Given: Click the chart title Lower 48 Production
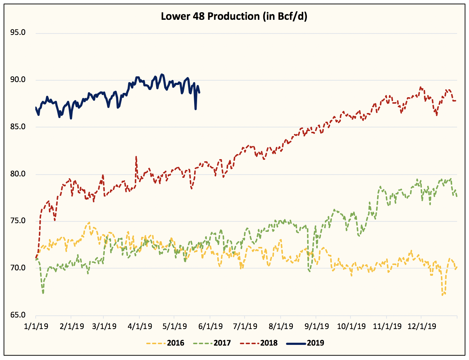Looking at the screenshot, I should pos(234,17).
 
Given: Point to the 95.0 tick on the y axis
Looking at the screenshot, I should pos(18,33).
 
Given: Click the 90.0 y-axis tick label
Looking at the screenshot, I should pos(18,80).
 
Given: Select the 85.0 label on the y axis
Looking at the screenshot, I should pos(18,127).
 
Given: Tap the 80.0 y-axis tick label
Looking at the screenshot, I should pos(18,174).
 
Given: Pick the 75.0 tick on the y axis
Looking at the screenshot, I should pos(18,221).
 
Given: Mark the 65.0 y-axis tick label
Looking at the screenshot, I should pos(18,315).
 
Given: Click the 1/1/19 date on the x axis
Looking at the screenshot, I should pos(36,327).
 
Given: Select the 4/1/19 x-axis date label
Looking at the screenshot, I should pos(139,327).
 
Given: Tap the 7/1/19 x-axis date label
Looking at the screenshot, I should pos(245,327).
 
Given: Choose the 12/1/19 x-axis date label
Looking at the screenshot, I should pos(421,327).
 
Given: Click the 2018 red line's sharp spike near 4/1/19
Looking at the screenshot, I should pos(136,157).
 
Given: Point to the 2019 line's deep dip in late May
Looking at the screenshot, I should pos(196,109).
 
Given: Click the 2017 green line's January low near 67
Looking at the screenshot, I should pos(43,293).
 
